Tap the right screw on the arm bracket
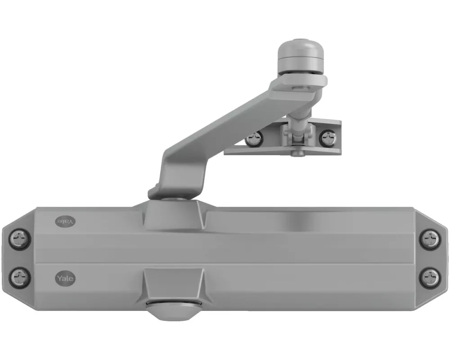coord(327,138)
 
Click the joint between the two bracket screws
coord(292,135)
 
